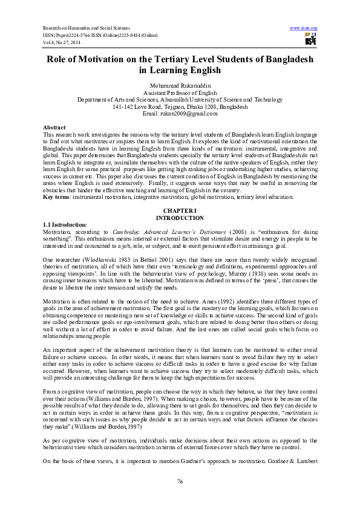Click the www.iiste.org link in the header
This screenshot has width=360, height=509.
(304, 28)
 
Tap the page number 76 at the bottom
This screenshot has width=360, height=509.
(180, 481)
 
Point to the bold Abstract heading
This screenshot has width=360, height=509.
(54, 127)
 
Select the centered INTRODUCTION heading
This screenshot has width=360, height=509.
(180, 218)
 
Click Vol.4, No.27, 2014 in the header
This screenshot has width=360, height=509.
(63, 42)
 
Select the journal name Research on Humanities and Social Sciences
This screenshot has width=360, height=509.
(87, 28)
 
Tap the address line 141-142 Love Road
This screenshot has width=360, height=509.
(180, 106)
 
